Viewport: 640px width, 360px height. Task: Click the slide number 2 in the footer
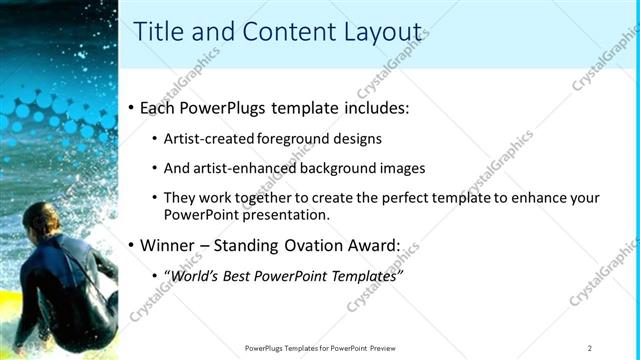[590, 348]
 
